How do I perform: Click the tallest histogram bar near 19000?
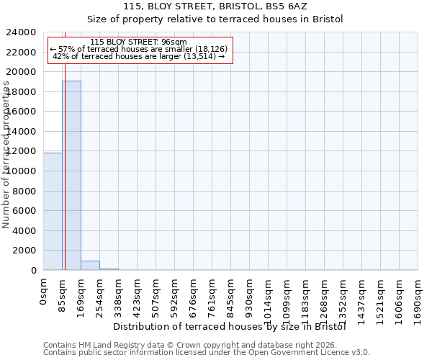pyautogui.click(x=71, y=175)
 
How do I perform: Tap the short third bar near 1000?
pyautogui.click(x=90, y=265)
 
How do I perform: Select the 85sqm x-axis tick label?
pyautogui.click(x=63, y=293)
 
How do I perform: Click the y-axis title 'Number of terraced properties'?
pyautogui.click(x=7, y=155)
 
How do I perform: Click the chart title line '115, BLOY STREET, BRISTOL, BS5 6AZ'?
pyautogui.click(x=216, y=6)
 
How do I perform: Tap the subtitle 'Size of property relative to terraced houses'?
pyautogui.click(x=216, y=19)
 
